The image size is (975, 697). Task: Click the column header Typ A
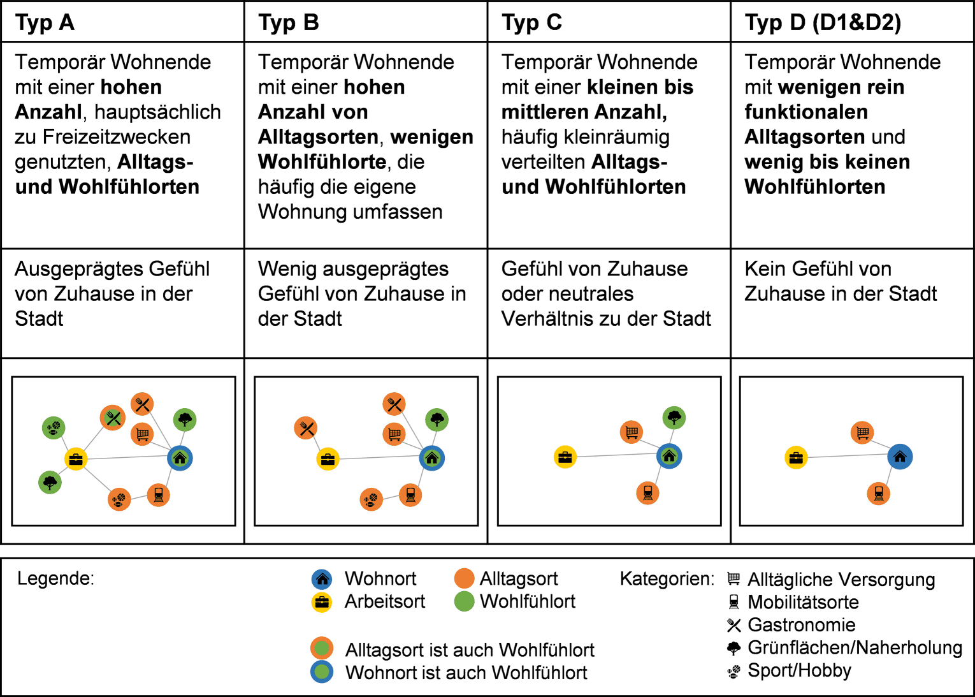coord(45,23)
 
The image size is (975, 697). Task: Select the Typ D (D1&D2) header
coord(823,23)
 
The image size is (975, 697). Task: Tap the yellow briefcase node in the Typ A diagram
coord(76,459)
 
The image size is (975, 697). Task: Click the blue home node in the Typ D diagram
coord(900,457)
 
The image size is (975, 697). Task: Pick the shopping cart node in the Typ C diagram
coord(632,432)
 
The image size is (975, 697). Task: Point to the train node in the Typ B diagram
coord(410,495)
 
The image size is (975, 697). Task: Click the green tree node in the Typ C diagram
coord(674,418)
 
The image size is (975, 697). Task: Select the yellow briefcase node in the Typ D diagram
coord(796,457)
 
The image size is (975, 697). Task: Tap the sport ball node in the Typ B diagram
coord(372,499)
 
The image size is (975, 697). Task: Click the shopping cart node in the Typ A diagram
coord(142,434)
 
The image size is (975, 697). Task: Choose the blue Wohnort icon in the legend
coord(322,579)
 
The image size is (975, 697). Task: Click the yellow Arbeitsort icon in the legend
coord(322,603)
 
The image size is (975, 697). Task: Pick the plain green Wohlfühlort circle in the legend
coord(464,601)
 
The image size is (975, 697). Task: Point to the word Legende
coord(55,579)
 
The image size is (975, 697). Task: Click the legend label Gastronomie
coord(801,625)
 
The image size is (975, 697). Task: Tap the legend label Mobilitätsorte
coord(803,603)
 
